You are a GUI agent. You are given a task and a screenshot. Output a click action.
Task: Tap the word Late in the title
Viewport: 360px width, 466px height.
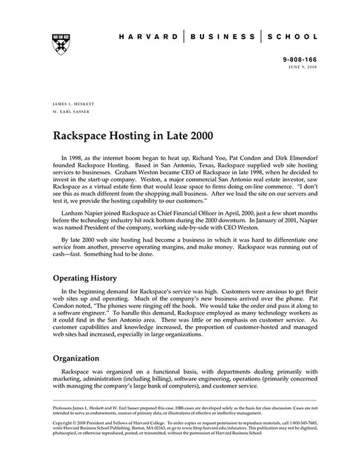point(178,134)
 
